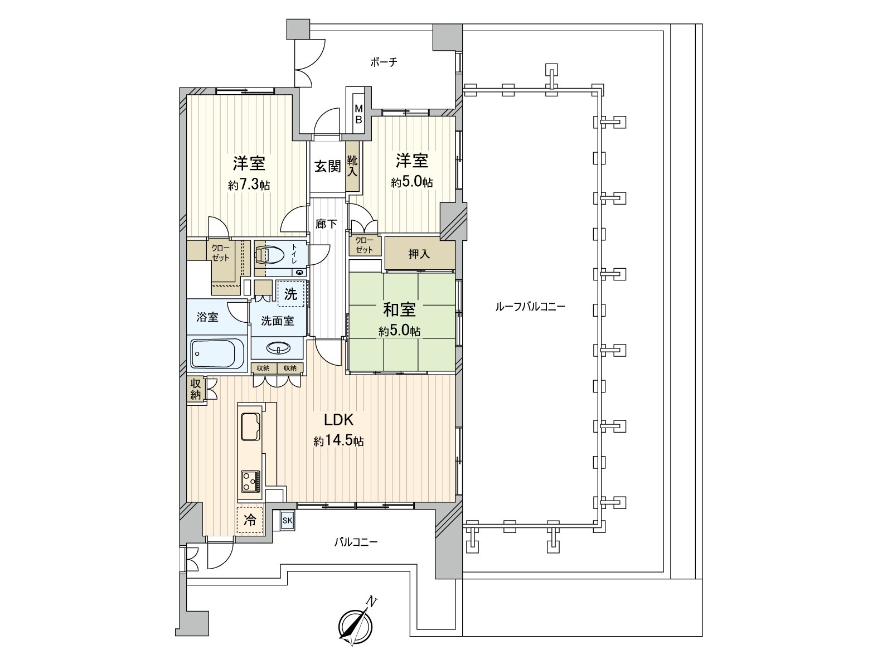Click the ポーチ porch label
pos(384,62)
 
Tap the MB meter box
pos(359,114)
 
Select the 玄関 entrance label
pos(327,166)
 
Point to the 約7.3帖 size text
pos(249,186)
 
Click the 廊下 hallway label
pos(326,224)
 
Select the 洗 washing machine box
pos(291,294)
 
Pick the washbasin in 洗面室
pos(278,348)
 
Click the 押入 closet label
pos(419,254)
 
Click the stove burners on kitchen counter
pos(250,481)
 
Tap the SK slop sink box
pos(288,521)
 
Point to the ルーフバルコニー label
pos(529,307)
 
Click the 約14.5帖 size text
pos(338,441)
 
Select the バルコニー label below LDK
pos(356,541)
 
